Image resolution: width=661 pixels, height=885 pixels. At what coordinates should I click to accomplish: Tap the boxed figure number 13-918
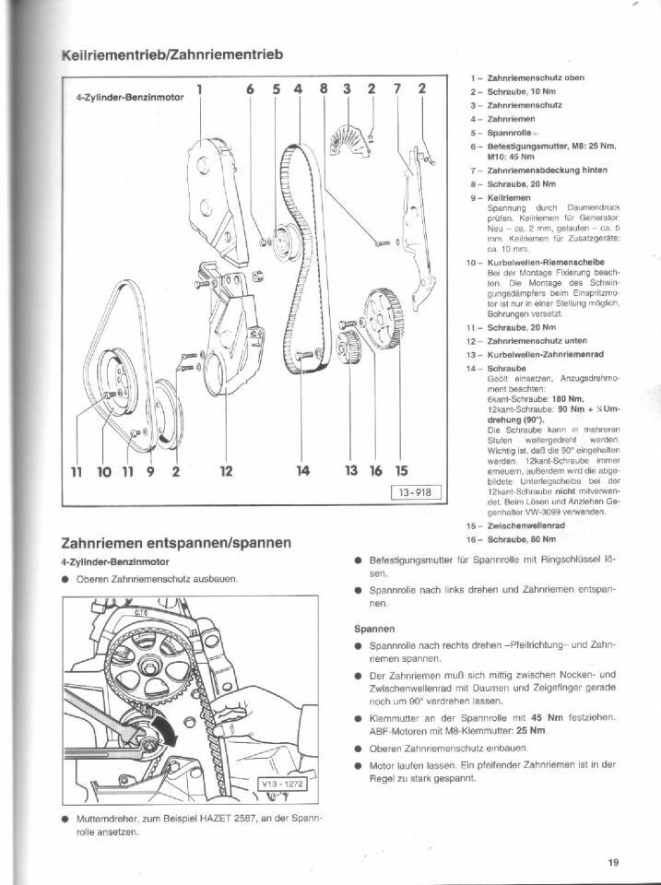415,492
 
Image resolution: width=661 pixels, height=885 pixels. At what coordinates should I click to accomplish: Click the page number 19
614,863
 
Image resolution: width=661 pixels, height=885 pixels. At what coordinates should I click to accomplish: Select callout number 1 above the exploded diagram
200,89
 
